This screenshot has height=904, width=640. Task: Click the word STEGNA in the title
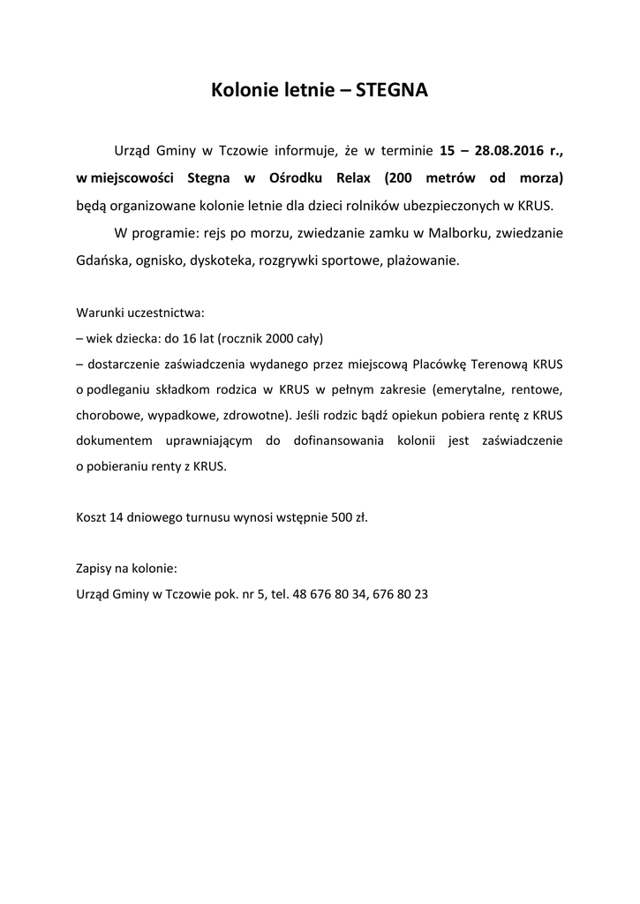[391, 91]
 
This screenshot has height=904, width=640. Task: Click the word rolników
[394, 206]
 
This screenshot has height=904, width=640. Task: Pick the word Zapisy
[94, 569]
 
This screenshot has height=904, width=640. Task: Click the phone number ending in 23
[401, 594]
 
